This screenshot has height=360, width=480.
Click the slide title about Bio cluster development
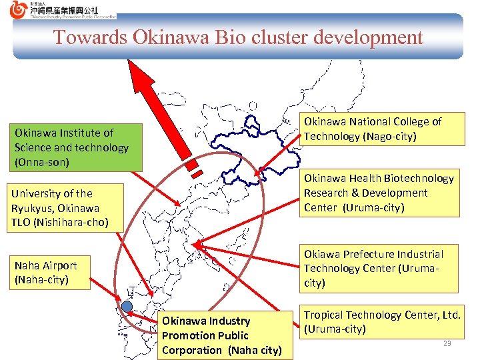coord(238,37)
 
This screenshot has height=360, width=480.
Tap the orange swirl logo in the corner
coord(19,9)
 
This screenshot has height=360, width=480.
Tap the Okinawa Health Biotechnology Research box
coord(379,193)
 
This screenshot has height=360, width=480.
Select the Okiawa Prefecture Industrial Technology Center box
coord(379,269)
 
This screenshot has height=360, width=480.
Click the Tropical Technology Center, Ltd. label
coord(382,321)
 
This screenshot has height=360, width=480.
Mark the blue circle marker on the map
coord(127,305)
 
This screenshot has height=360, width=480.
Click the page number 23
coord(447,343)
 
